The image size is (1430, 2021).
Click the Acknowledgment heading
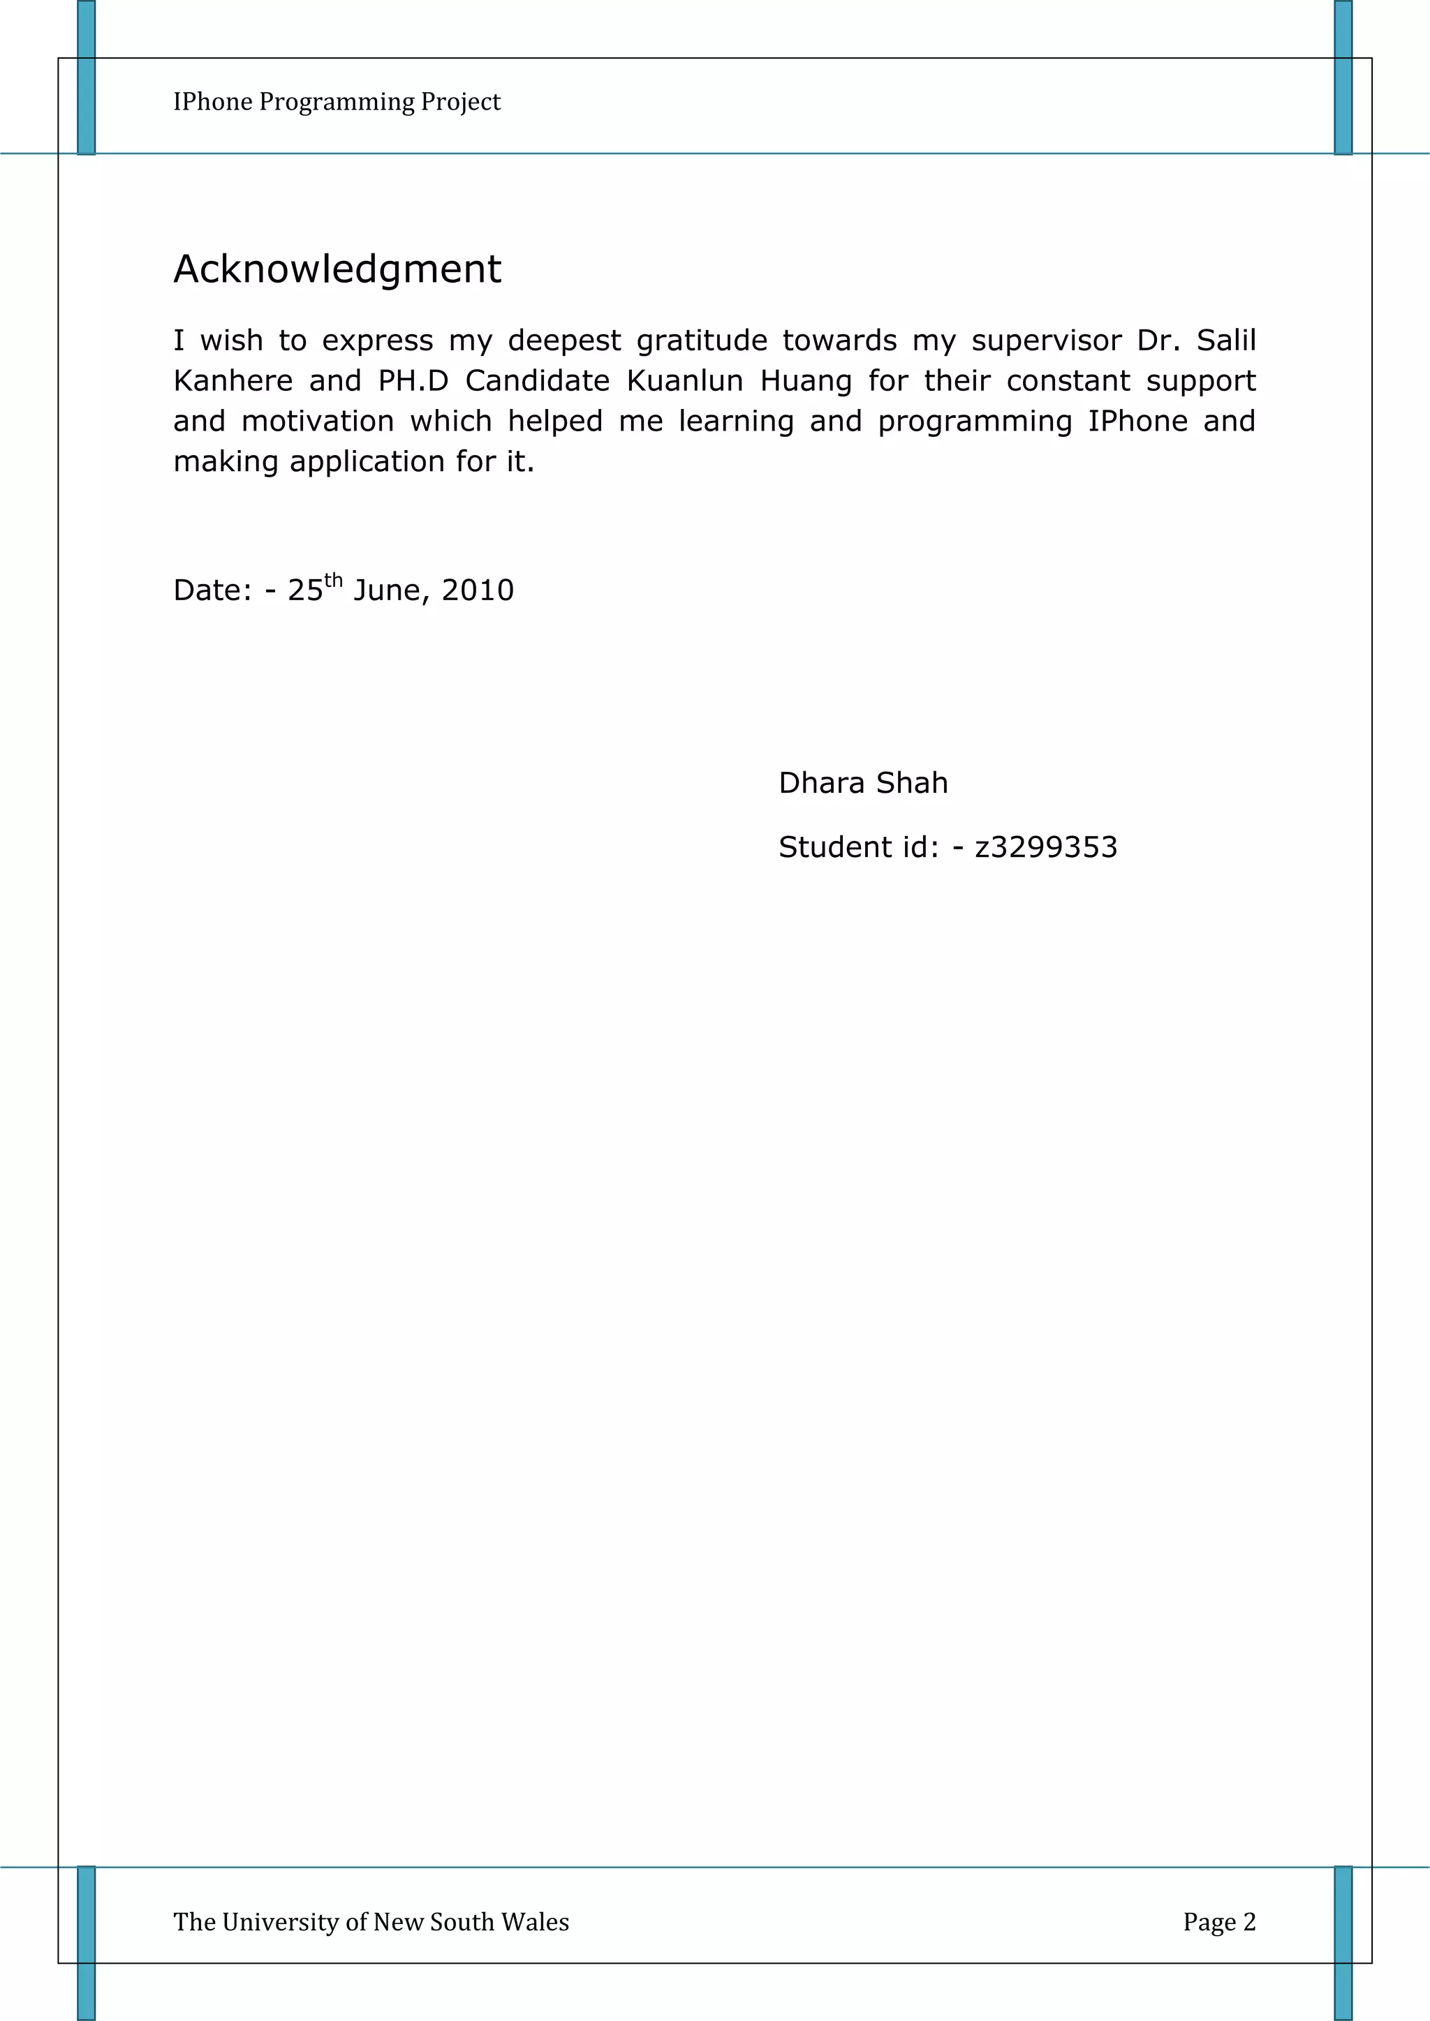[x=337, y=269]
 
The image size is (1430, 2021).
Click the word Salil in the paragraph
[x=1225, y=340]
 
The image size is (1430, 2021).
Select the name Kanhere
[x=233, y=380]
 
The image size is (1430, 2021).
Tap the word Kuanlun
[x=684, y=380]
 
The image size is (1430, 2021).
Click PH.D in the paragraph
[x=413, y=380]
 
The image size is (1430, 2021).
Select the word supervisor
[x=1046, y=341]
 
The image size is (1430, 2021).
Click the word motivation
[x=317, y=421]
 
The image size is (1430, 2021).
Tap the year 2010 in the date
[x=478, y=590]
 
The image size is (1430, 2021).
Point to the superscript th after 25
[x=333, y=579]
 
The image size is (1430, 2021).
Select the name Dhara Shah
[x=863, y=782]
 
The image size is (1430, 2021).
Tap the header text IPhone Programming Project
[x=337, y=102]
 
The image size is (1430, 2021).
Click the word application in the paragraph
[x=368, y=461]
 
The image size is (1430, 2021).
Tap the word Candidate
[x=537, y=380]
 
